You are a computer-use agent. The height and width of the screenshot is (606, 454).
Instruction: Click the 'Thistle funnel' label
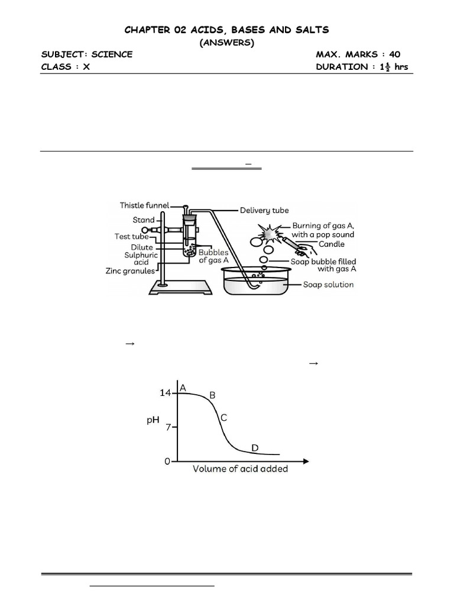(144, 205)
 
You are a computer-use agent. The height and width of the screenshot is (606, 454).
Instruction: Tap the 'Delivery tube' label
(264, 210)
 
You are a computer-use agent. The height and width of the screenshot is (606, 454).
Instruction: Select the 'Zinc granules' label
(130, 271)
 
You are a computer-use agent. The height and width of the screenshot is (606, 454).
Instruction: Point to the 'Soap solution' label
(328, 285)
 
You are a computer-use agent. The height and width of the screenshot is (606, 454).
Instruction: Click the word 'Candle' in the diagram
(331, 244)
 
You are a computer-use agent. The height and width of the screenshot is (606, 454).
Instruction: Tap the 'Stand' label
(143, 220)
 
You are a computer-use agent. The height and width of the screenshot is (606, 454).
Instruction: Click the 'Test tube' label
(131, 237)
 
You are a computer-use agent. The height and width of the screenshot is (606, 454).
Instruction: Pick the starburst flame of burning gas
(270, 233)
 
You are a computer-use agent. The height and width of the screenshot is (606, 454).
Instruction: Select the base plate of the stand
(181, 288)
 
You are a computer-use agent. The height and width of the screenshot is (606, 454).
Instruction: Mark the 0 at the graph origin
(167, 461)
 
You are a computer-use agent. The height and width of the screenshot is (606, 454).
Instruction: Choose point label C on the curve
(223, 418)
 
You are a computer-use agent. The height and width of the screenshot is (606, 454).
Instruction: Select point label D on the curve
(255, 448)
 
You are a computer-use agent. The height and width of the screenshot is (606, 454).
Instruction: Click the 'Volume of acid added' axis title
(240, 469)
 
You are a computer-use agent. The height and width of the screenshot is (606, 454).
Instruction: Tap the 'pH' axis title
(153, 420)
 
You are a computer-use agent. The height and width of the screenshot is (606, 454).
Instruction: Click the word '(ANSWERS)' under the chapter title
(226, 43)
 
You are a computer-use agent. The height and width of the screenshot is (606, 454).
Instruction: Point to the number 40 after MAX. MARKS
(394, 54)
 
